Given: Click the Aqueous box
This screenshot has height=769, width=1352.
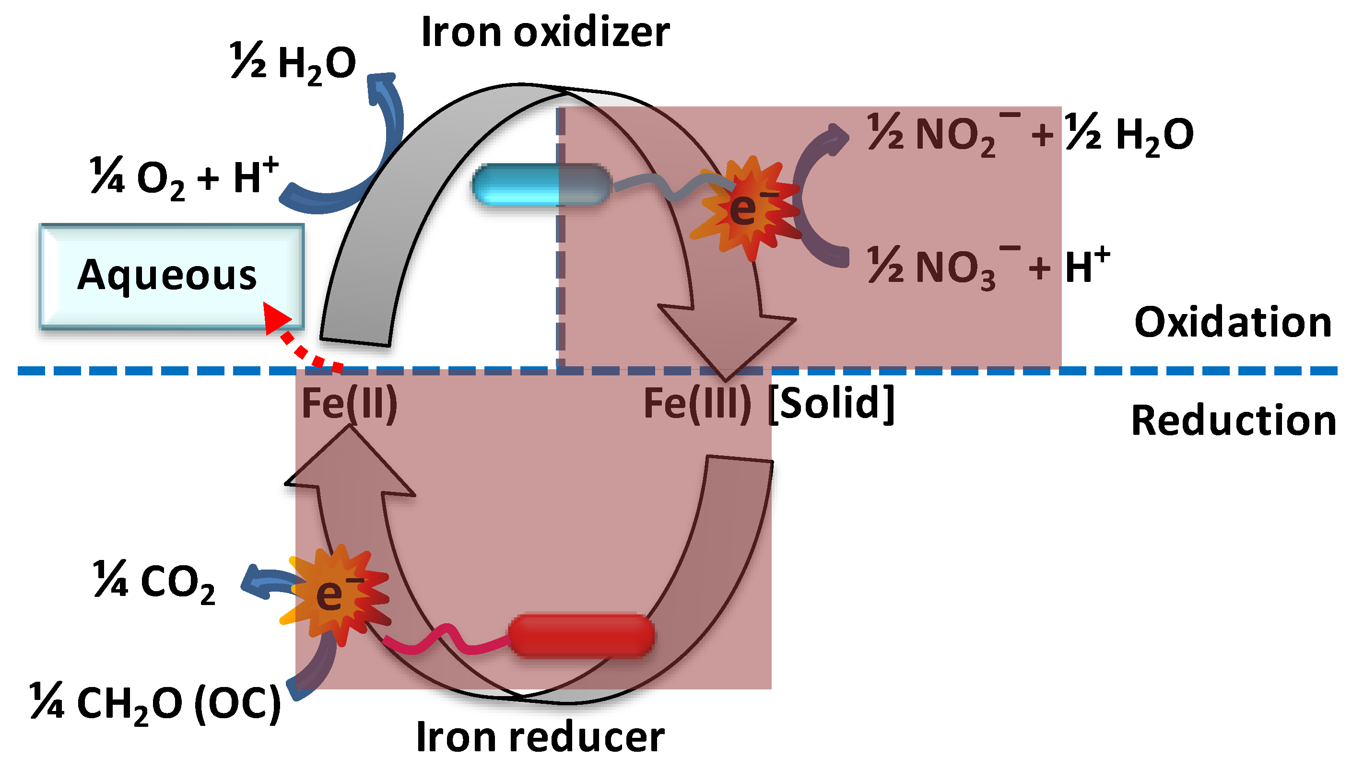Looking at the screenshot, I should tap(172, 276).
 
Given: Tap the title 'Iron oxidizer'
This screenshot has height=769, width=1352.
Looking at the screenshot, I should tap(545, 33).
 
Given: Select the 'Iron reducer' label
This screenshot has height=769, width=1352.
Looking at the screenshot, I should tap(540, 737).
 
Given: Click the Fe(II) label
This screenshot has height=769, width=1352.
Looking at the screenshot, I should tap(349, 404).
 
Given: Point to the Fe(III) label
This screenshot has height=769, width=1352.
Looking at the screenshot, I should tap(697, 404).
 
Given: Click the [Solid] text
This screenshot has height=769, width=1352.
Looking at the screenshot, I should tap(831, 404).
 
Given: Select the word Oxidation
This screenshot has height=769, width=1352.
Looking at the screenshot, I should tap(1233, 322).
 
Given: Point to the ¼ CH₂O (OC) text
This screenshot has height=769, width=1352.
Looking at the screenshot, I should tap(155, 703).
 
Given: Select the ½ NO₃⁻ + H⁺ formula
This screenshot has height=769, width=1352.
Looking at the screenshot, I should tap(988, 267).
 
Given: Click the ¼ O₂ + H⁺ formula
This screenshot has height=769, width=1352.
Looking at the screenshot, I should tap(184, 177).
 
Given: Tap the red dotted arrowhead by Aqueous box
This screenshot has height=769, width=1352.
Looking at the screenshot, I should tap(276, 317).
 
